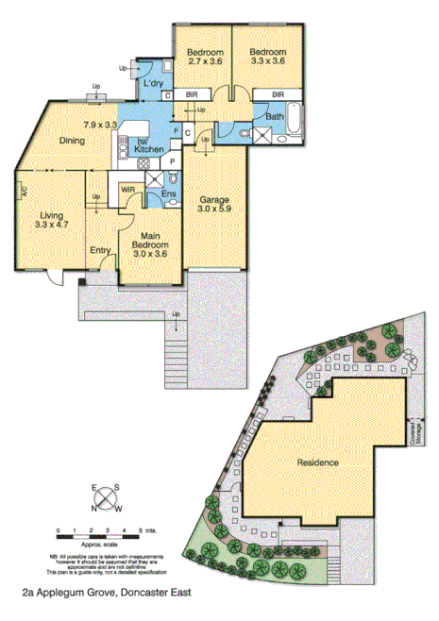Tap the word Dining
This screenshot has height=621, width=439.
73,142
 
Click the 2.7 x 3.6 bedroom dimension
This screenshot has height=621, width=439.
204,61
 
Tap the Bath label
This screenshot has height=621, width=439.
275,117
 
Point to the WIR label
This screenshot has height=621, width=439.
128,190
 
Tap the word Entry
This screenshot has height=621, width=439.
100,250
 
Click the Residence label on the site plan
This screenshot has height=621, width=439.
317,462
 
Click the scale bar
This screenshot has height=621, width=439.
98,539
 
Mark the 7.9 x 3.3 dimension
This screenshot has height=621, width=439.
99,125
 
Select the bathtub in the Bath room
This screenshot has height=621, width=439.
295,117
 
